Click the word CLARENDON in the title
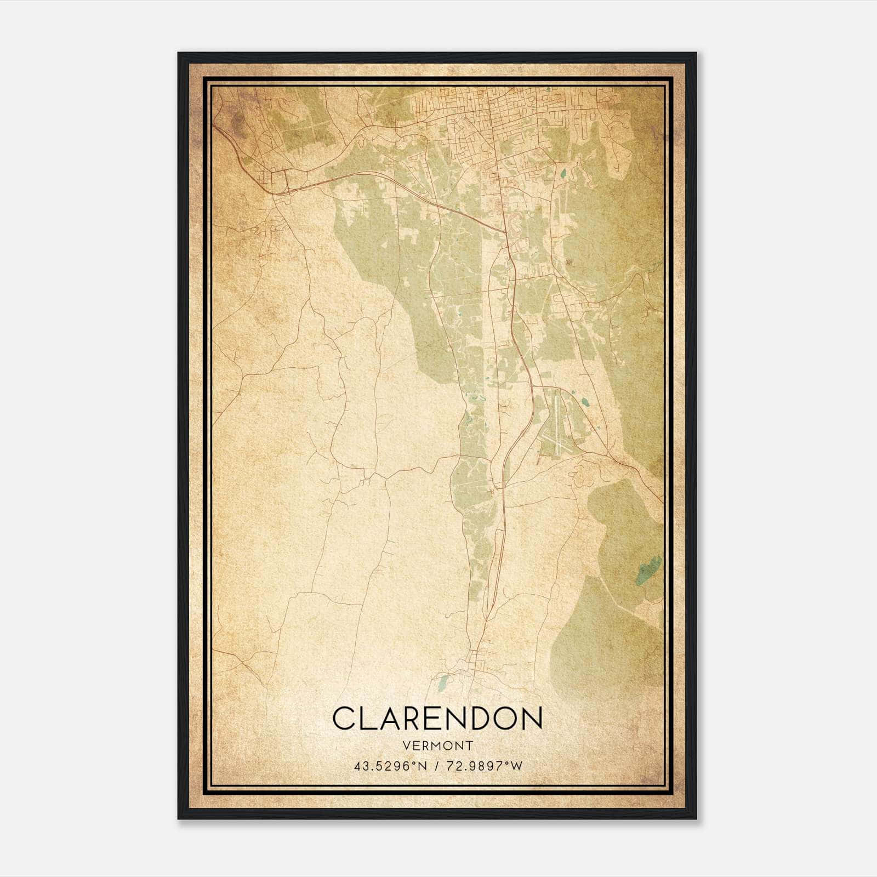pos(437,719)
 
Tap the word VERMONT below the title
pos(437,746)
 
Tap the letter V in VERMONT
pos(406,746)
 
